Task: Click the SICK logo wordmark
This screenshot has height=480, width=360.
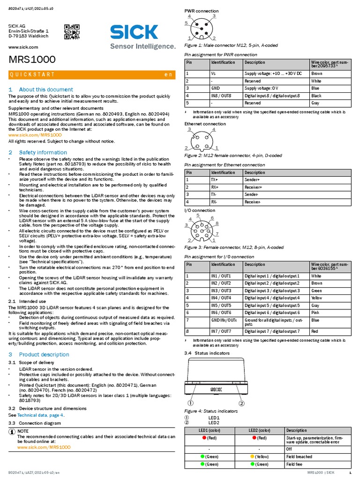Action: point(134,32)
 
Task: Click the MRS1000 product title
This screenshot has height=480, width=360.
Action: point(32,60)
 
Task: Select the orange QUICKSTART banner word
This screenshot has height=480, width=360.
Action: point(32,75)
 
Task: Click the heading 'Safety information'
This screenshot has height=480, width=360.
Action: point(43,152)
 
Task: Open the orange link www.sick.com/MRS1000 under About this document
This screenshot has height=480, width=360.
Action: point(35,135)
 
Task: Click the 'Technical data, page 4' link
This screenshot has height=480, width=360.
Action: point(40,415)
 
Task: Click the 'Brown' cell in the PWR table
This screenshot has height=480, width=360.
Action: point(317,74)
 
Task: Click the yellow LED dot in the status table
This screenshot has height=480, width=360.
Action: point(252,456)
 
